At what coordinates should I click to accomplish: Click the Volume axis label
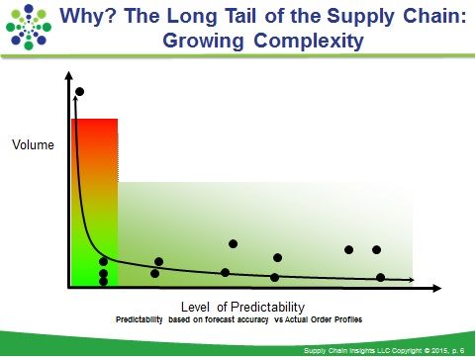(x=33, y=144)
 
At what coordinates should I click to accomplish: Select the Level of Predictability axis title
(x=242, y=307)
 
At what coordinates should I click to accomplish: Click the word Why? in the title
(x=88, y=16)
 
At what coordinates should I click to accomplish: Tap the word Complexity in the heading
(x=309, y=41)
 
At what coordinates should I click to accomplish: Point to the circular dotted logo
(x=29, y=27)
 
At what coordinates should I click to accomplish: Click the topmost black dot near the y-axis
(x=79, y=92)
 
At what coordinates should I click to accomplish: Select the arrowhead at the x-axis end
(x=436, y=289)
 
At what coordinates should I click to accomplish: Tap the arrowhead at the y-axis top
(x=68, y=75)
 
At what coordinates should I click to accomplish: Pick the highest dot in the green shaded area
(x=233, y=244)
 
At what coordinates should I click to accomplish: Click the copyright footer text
(x=384, y=351)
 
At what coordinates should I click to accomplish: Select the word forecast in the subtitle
(x=220, y=319)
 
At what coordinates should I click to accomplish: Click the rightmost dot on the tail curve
(x=380, y=278)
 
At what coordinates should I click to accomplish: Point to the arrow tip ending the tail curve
(x=414, y=280)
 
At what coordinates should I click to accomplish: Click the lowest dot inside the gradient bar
(x=103, y=281)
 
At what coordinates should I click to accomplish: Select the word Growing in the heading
(x=203, y=41)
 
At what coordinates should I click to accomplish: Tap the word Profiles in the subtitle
(x=348, y=319)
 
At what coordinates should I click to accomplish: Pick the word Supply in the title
(x=360, y=17)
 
